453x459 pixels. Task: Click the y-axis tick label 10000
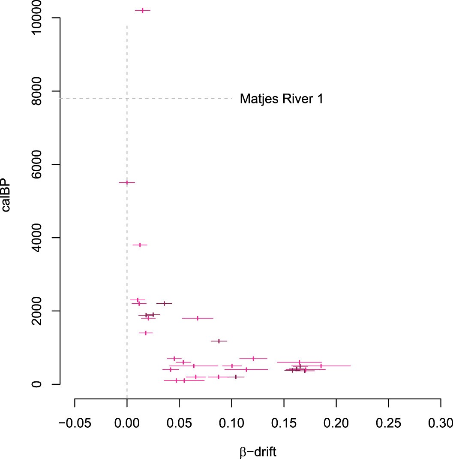pos(44,18)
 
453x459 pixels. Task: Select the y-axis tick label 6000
pos(44,164)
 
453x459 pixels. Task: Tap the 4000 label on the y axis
pos(44,238)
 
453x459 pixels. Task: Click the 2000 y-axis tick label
pos(44,311)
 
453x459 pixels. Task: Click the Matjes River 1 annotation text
pos(281,99)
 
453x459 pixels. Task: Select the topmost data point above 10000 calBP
pos(143,10)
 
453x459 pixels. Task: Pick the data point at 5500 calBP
pos(127,182)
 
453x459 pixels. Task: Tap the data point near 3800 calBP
pos(140,245)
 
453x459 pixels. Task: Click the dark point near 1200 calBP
pos(219,341)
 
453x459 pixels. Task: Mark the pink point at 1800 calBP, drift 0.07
pos(198,318)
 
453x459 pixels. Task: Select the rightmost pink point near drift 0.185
pos(321,366)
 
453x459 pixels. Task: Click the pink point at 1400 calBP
pos(146,333)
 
